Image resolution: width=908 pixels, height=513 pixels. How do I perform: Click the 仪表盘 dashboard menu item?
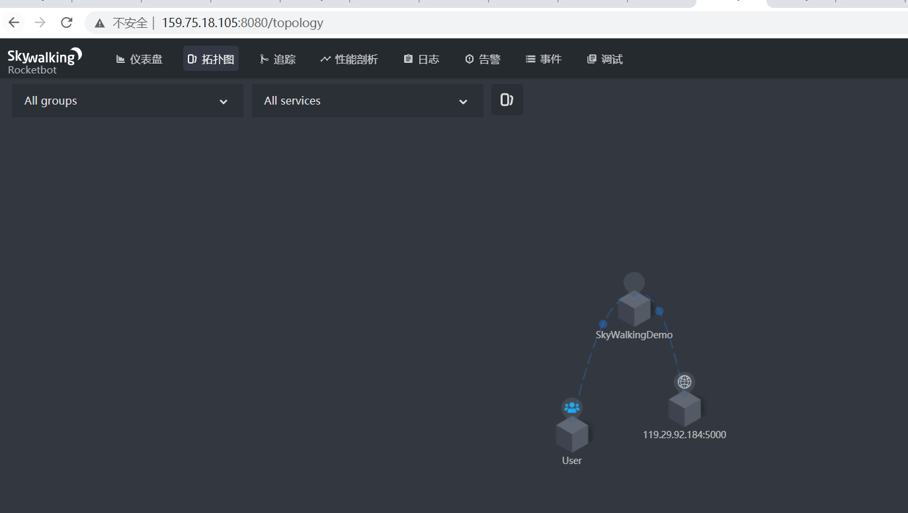[x=140, y=59]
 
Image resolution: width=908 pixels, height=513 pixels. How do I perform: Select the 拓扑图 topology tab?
[x=211, y=59]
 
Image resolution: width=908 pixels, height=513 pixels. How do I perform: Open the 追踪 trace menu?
[x=278, y=59]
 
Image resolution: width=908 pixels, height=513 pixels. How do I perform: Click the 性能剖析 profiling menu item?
[x=349, y=59]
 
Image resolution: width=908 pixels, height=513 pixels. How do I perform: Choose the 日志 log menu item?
[x=421, y=59]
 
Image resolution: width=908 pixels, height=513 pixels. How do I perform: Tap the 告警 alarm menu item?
[x=483, y=59]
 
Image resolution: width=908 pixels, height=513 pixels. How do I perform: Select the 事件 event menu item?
[x=544, y=59]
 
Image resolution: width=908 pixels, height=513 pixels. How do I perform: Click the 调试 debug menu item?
[x=605, y=59]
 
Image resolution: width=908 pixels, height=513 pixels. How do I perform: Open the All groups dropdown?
[x=127, y=101]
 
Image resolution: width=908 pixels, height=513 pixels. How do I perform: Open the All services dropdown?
[x=367, y=101]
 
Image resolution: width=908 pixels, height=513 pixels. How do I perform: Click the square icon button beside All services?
[x=507, y=100]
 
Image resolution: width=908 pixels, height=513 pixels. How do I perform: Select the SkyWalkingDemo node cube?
[x=634, y=308]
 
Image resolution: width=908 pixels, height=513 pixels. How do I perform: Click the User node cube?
[x=572, y=434]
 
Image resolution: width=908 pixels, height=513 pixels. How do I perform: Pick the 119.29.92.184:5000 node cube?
[x=684, y=409]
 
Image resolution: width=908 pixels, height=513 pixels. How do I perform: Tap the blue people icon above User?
[x=572, y=408]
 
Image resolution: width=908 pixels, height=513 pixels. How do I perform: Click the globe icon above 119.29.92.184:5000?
[x=684, y=382]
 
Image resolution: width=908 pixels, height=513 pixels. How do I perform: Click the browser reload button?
[x=66, y=23]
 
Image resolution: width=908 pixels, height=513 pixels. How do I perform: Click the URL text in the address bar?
[x=242, y=23]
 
